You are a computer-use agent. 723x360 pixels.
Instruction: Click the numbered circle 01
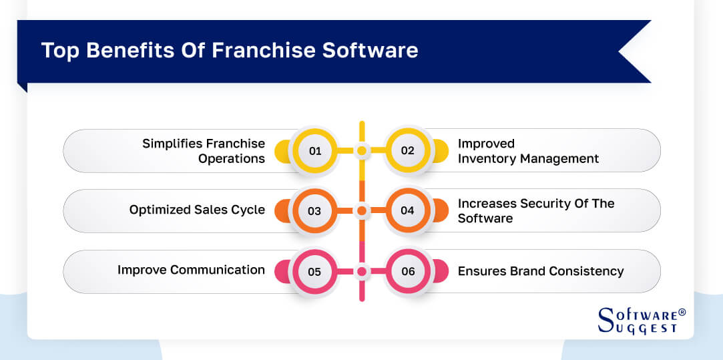click(x=314, y=151)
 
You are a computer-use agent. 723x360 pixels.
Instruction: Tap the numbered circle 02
click(x=408, y=151)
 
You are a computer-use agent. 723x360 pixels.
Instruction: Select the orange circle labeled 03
click(x=314, y=211)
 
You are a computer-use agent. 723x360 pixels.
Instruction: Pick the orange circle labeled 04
click(x=408, y=211)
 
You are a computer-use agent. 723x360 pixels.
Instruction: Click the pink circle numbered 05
click(x=314, y=272)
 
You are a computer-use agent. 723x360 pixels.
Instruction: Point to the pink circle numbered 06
click(x=408, y=272)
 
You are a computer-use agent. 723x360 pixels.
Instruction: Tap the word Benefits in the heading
click(x=133, y=51)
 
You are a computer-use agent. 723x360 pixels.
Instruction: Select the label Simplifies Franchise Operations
click(x=204, y=151)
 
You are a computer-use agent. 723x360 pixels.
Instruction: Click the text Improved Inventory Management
click(x=527, y=151)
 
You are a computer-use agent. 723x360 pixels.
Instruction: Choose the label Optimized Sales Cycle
click(x=197, y=210)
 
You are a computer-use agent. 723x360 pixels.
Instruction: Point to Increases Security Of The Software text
click(x=535, y=210)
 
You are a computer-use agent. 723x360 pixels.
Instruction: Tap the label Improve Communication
click(x=191, y=270)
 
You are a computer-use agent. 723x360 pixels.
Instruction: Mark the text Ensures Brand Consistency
click(x=540, y=271)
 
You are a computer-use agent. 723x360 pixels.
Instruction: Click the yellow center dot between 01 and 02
click(x=361, y=151)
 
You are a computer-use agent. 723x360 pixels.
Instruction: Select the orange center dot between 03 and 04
click(x=361, y=211)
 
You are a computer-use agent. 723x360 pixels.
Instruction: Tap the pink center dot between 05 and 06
click(x=361, y=272)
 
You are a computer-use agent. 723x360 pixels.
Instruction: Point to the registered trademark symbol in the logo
click(x=682, y=312)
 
